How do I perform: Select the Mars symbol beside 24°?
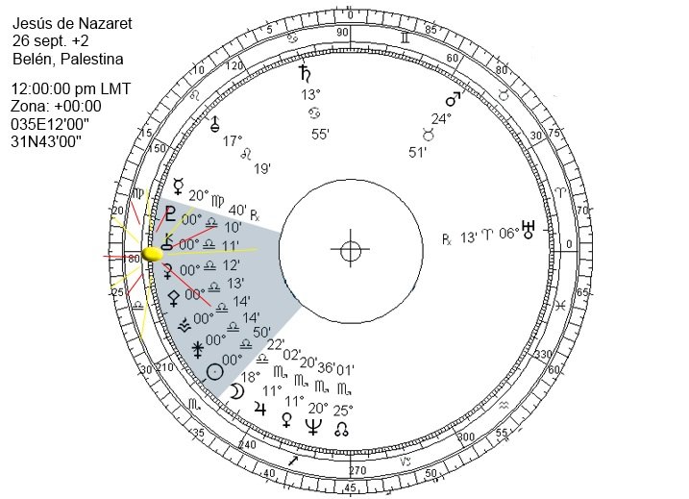coord(451,99)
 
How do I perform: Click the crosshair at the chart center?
coord(350,252)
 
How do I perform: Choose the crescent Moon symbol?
coord(236,390)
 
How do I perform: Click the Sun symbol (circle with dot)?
coord(216,370)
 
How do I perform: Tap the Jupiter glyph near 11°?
coord(258,409)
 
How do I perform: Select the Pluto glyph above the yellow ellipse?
coord(171,213)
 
